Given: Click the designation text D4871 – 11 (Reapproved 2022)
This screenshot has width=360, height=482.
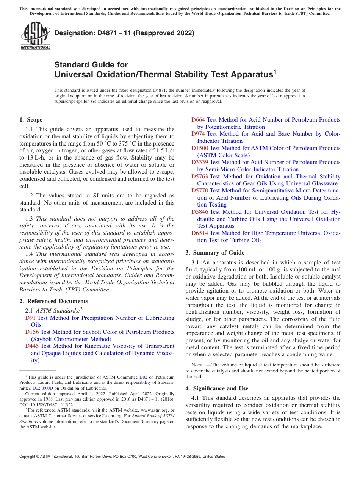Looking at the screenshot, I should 124,33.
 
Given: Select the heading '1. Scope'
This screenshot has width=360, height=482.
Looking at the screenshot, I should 31,120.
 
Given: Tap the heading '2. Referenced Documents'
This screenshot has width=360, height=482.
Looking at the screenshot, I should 54,301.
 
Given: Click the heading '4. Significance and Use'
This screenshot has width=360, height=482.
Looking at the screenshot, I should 217,388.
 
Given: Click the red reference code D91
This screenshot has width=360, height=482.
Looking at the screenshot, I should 30,318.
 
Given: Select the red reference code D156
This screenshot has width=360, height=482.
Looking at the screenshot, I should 32,332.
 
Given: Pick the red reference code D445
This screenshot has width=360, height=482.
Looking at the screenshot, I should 32,346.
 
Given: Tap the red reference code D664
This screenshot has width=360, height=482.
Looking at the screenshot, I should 198,120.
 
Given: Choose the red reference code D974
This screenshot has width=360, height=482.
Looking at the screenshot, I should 198,134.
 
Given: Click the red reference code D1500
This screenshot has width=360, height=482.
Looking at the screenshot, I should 199,148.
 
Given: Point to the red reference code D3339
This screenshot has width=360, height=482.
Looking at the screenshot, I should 199,162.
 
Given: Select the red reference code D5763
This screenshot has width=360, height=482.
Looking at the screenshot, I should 199,177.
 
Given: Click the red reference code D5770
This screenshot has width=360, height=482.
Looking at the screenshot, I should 199,191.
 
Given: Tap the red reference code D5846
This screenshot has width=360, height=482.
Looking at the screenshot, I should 199,212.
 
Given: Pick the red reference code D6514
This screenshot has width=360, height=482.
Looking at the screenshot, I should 199,233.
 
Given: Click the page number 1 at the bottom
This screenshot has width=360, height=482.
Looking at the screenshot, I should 180,466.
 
